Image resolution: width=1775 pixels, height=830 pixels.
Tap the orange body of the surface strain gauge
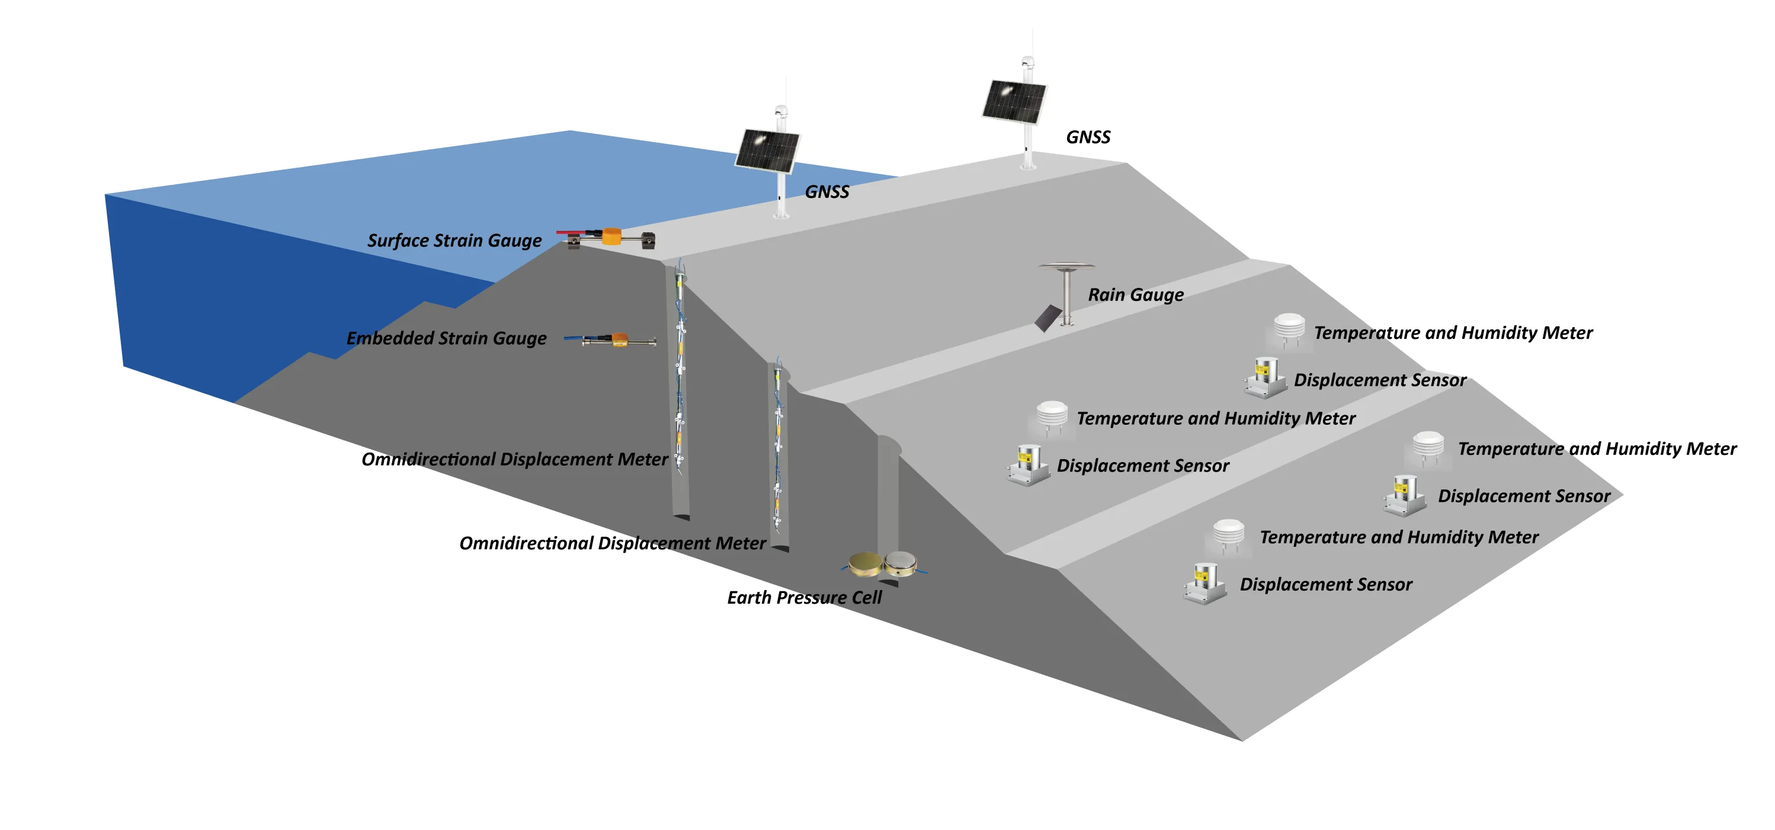[x=611, y=236]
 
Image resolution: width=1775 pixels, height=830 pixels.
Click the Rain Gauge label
[x=1136, y=295]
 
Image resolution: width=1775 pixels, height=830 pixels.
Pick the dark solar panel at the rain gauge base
[x=1048, y=318]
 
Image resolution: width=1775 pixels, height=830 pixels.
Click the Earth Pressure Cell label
[x=804, y=597]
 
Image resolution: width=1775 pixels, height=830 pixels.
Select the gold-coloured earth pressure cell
[x=866, y=564]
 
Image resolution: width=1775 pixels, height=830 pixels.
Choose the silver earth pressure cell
[x=901, y=563]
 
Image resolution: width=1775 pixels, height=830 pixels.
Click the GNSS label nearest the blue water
[x=827, y=191]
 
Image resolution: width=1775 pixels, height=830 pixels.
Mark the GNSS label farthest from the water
[x=1088, y=137]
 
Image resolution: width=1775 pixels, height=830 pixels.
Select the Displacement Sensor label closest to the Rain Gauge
[x=1379, y=380]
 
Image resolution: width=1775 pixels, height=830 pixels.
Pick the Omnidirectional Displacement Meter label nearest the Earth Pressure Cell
[x=612, y=543]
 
